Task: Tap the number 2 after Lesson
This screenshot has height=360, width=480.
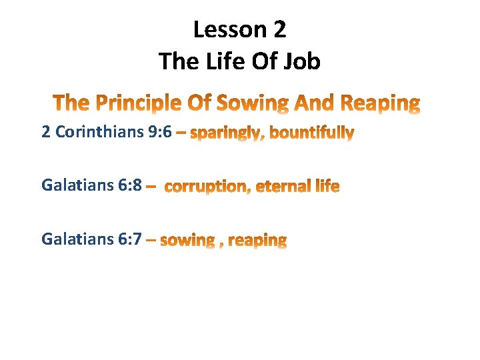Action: pyautogui.click(x=279, y=29)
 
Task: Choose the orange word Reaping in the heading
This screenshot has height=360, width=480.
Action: pyautogui.click(x=381, y=103)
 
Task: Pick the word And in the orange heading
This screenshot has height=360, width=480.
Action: pyautogui.click(x=315, y=103)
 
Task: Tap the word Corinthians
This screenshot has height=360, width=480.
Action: pyautogui.click(x=99, y=132)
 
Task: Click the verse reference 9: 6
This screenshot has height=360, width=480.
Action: pyautogui.click(x=159, y=132)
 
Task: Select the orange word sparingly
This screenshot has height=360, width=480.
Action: pyautogui.click(x=226, y=134)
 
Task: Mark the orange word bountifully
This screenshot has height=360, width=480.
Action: pyautogui.click(x=311, y=133)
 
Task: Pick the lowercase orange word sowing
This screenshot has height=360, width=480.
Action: pyautogui.click(x=187, y=240)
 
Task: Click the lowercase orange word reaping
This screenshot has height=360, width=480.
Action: pyautogui.click(x=257, y=241)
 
